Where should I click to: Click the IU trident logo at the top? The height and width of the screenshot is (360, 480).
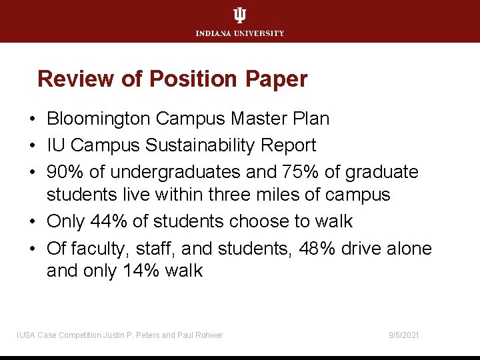(x=239, y=16)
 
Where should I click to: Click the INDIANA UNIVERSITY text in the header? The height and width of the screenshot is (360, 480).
(x=240, y=33)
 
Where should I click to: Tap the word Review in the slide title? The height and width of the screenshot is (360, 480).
(x=77, y=79)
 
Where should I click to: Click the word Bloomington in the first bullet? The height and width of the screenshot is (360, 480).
(x=99, y=119)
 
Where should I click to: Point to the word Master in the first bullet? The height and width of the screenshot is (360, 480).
(x=257, y=119)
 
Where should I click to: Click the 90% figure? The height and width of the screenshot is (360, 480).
(x=65, y=171)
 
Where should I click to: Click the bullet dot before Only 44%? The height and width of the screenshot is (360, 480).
(x=32, y=221)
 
